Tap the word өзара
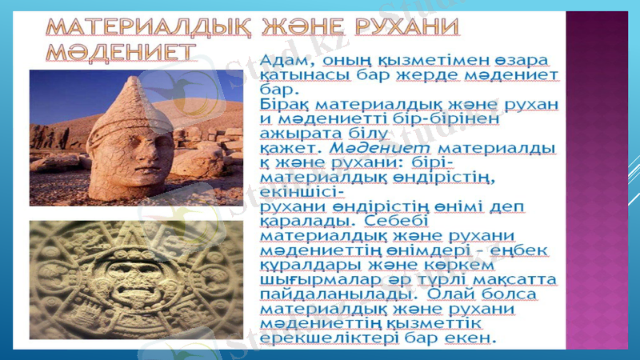pyautogui.click(x=518, y=60)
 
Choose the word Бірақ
pyautogui.click(x=286, y=104)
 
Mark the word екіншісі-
pyautogui.click(x=303, y=192)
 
